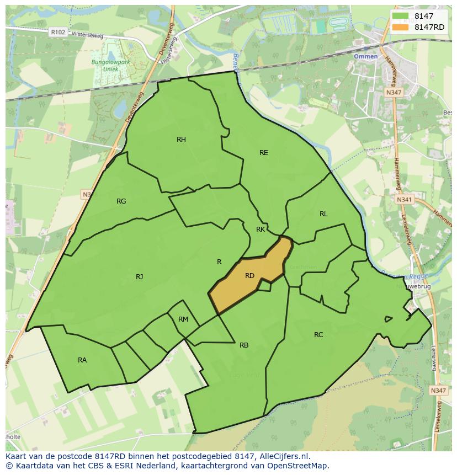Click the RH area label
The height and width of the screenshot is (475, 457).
coord(181,140)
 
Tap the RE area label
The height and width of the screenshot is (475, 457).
coord(264,153)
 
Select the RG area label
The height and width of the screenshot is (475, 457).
coord(121,201)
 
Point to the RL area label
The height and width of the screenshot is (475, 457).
coord(323,214)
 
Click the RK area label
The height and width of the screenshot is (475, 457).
coord(261,230)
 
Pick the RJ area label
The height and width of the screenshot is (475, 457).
coord(139,277)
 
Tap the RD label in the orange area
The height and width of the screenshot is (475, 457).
coord(249,276)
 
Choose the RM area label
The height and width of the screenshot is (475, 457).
coord(183,319)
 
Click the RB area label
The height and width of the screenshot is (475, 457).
coord(244,345)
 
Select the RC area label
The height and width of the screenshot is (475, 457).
coord(318,335)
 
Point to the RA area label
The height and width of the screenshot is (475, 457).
coord(82,360)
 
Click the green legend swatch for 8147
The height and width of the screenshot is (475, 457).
coord(401,17)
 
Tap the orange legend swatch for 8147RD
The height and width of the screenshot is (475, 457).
coord(401,27)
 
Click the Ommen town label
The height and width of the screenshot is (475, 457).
coord(366,57)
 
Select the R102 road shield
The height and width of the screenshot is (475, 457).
coord(57,33)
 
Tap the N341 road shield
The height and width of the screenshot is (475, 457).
coord(404,199)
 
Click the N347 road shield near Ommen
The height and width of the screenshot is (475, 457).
coord(394,93)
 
